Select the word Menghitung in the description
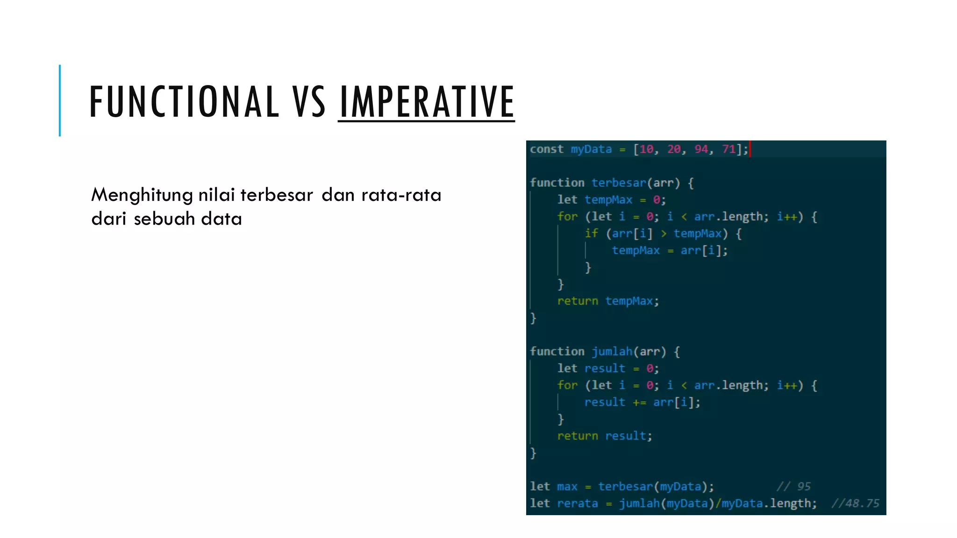142,195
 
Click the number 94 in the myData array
701,149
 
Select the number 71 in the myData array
728,149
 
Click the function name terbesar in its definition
619,183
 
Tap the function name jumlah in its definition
612,352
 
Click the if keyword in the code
591,234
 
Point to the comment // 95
793,487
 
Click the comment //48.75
855,503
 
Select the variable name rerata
577,503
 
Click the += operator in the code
639,403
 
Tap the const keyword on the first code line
546,149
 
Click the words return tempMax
608,301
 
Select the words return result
604,436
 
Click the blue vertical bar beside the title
60,100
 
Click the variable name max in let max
567,487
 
